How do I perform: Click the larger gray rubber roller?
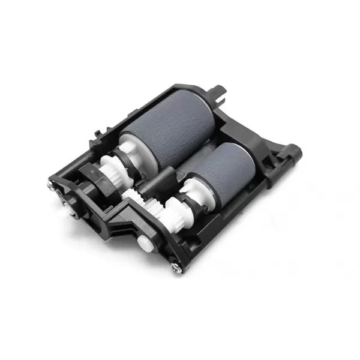168,130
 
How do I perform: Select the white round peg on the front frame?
143,242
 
